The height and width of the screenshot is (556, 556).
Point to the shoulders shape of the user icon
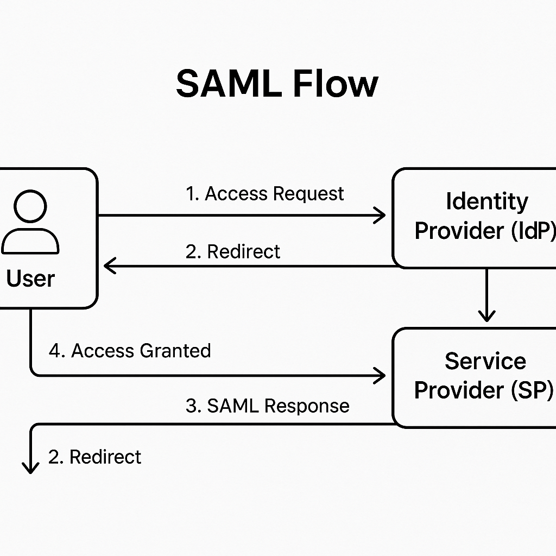click(30, 241)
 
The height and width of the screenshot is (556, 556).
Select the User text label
click(30, 279)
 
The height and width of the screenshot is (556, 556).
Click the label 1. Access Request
click(265, 194)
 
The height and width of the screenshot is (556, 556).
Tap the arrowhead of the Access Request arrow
click(380, 216)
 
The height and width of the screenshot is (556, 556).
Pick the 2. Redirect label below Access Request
click(233, 251)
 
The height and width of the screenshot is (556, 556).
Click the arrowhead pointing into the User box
click(109, 266)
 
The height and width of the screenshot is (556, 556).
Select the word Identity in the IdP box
click(486, 201)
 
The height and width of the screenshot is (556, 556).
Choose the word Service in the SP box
click(485, 361)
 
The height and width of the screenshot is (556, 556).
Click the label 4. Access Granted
click(130, 351)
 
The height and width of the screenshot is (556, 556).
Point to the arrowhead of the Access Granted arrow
click(380, 375)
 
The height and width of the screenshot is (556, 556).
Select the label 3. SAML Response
click(267, 406)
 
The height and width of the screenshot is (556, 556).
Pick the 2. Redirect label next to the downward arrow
click(94, 457)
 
